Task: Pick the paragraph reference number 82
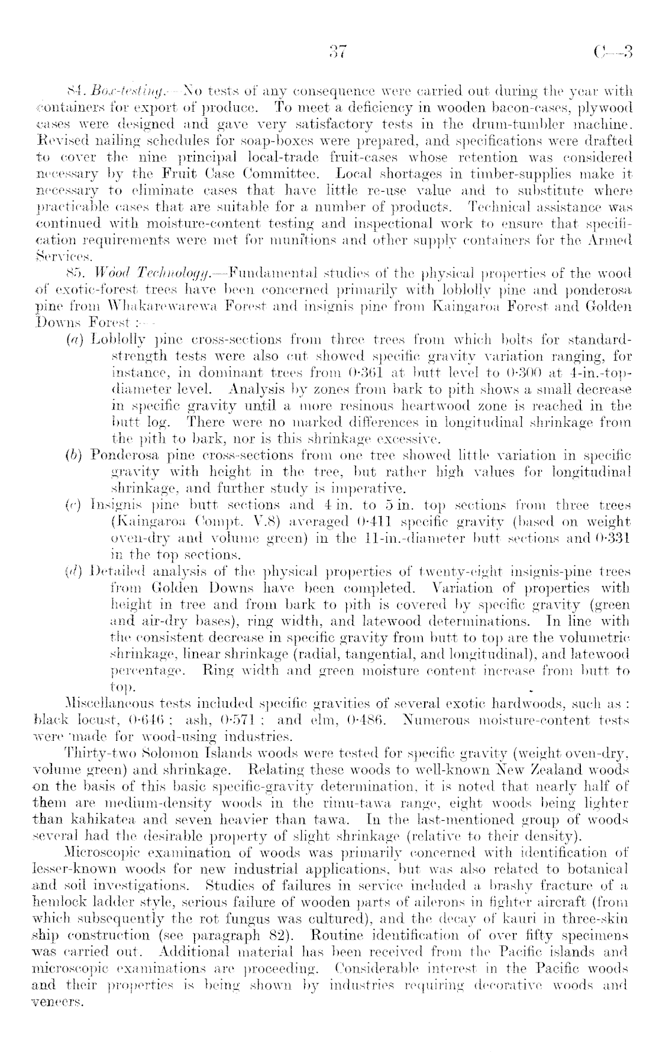pos(286,937)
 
